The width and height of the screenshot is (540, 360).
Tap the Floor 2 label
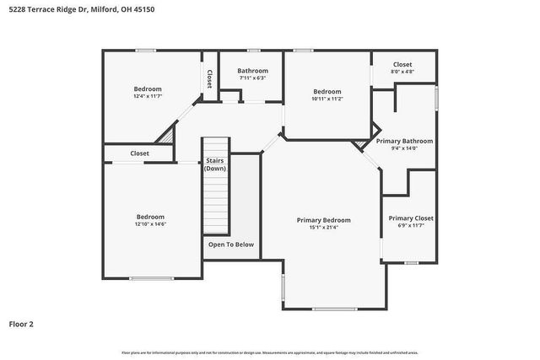click(21, 323)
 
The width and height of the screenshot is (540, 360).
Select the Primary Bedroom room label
click(323, 220)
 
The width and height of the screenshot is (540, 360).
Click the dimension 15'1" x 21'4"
click(323, 228)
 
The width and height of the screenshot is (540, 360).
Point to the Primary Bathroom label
click(404, 141)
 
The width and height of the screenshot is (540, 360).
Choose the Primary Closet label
click(411, 218)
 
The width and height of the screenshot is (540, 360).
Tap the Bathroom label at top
click(252, 71)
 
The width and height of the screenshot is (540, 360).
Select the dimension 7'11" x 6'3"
click(252, 78)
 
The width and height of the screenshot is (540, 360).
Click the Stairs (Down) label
click(215, 164)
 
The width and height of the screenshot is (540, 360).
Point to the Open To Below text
click(231, 244)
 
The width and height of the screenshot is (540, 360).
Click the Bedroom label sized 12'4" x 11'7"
click(148, 89)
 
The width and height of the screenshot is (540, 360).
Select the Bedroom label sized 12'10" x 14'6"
click(150, 217)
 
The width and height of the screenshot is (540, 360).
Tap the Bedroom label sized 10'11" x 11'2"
click(327, 91)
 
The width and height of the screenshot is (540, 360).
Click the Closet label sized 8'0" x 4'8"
click(402, 65)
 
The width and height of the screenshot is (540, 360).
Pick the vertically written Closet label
click(209, 78)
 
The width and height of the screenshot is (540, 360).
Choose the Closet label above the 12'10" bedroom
click(139, 153)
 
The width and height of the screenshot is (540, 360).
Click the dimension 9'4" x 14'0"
click(404, 148)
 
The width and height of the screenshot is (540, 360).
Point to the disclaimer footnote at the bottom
click(269, 352)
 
